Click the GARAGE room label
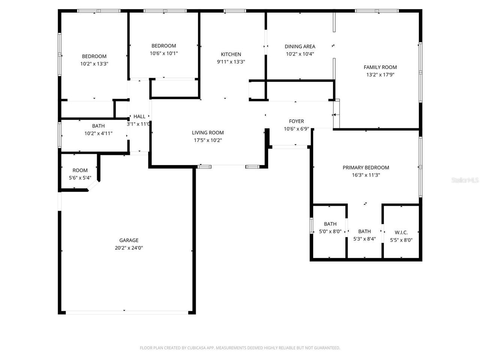tap(129, 240)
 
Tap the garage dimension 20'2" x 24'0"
tap(129, 248)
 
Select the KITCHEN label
tap(231, 54)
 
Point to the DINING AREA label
tap(300, 46)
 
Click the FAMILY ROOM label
tap(380, 67)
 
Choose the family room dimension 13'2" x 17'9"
tap(380, 75)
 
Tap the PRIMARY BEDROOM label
tap(366, 168)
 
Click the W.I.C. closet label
tap(401, 232)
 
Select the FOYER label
tap(296, 121)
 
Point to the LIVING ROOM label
tap(208, 132)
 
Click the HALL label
tap(139, 117)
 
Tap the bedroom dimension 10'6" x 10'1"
tap(163, 53)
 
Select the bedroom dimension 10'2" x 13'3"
tap(94, 64)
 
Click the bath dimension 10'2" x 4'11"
tap(98, 133)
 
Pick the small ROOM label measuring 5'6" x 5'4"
tap(80, 170)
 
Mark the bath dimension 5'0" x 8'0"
tap(330, 231)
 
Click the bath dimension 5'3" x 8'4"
tap(364, 239)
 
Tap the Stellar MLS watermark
tap(465, 180)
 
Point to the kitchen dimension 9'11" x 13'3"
tap(231, 62)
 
